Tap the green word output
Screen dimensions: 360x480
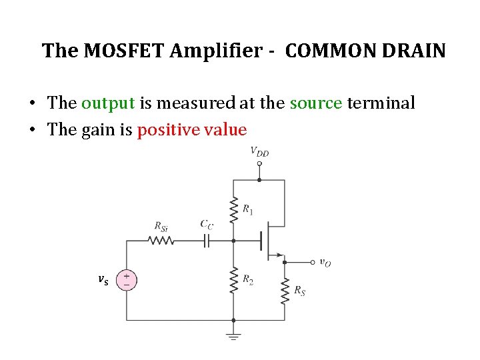point(109,103)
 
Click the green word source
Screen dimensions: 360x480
point(316,103)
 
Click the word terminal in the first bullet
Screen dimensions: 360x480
point(383,103)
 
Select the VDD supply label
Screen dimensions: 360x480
point(259,152)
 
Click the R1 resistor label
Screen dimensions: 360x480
point(248,210)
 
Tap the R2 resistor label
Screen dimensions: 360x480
point(248,279)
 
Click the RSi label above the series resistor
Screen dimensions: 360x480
point(161,227)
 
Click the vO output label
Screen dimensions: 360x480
point(325,263)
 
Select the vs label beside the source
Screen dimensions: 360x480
point(103,279)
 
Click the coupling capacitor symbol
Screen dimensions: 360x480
point(207,241)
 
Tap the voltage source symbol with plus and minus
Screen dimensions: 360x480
point(127,279)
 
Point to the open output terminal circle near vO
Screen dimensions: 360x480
point(312,262)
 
